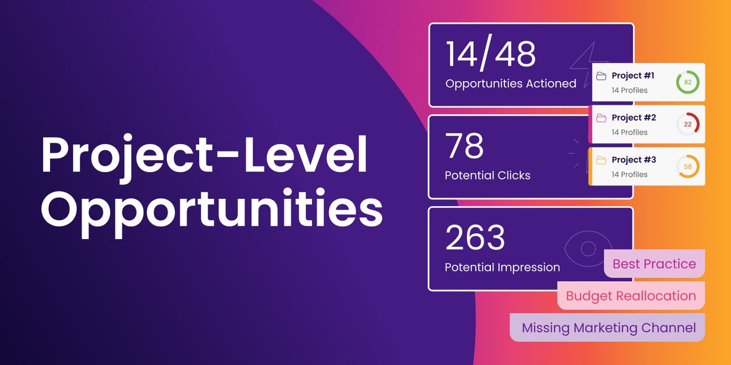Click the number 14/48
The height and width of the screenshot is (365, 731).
pyautogui.click(x=490, y=55)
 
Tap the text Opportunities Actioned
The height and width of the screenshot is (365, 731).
pyautogui.click(x=510, y=84)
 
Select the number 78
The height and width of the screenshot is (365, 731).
pyautogui.click(x=465, y=146)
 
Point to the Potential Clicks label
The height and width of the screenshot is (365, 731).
pyautogui.click(x=487, y=175)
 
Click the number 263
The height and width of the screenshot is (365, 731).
pyautogui.click(x=475, y=238)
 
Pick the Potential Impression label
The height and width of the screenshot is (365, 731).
pyautogui.click(x=502, y=267)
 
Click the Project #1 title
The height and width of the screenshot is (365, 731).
pyautogui.click(x=633, y=75)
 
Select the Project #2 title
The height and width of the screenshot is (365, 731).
pyautogui.click(x=634, y=117)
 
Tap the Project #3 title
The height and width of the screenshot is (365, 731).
pyautogui.click(x=634, y=159)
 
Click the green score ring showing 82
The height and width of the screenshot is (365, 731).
pyautogui.click(x=688, y=82)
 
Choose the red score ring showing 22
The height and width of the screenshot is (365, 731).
pyautogui.click(x=688, y=124)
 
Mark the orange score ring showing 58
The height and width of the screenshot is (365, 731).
pyautogui.click(x=688, y=166)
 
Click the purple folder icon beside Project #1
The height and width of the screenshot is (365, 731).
pyautogui.click(x=601, y=76)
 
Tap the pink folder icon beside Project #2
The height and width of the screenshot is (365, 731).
pyautogui.click(x=601, y=118)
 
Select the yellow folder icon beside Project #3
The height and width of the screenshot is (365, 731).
pyautogui.click(x=601, y=160)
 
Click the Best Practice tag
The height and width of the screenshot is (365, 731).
pyautogui.click(x=654, y=264)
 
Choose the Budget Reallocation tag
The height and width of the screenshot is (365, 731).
pyautogui.click(x=630, y=296)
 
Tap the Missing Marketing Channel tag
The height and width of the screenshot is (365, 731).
pyautogui.click(x=608, y=328)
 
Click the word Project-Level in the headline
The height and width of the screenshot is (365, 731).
pyautogui.click(x=204, y=156)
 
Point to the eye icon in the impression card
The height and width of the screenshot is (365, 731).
pyautogui.click(x=587, y=249)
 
